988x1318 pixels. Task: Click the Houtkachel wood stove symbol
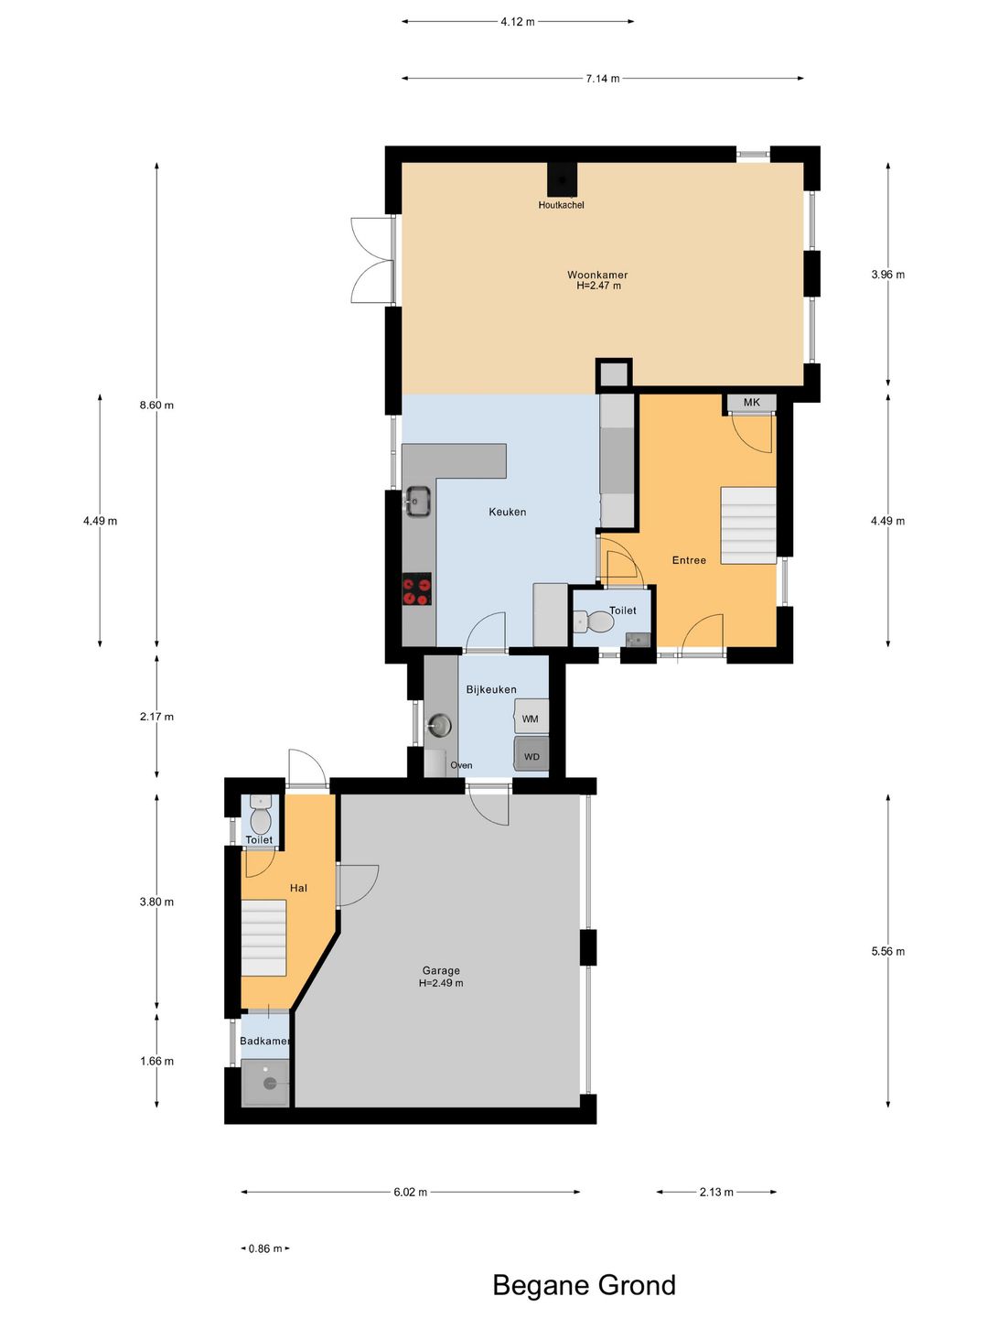point(562,179)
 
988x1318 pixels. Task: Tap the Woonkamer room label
point(597,275)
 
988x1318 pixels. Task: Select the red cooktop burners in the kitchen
point(416,590)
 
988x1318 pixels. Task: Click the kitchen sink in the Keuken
point(417,501)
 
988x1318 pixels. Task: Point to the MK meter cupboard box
point(752,403)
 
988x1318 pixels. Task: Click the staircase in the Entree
point(748,525)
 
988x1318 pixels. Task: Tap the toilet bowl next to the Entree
point(594,621)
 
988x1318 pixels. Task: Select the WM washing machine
point(531,716)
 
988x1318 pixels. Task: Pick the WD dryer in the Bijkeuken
point(532,753)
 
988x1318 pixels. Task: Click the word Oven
point(461,765)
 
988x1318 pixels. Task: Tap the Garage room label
point(441,970)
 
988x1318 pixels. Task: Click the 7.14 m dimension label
point(603,79)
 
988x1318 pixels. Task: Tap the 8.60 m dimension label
point(156,405)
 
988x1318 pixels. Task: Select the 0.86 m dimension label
point(265,1249)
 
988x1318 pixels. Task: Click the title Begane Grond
point(585,1284)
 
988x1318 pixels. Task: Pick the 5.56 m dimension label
point(887,951)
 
